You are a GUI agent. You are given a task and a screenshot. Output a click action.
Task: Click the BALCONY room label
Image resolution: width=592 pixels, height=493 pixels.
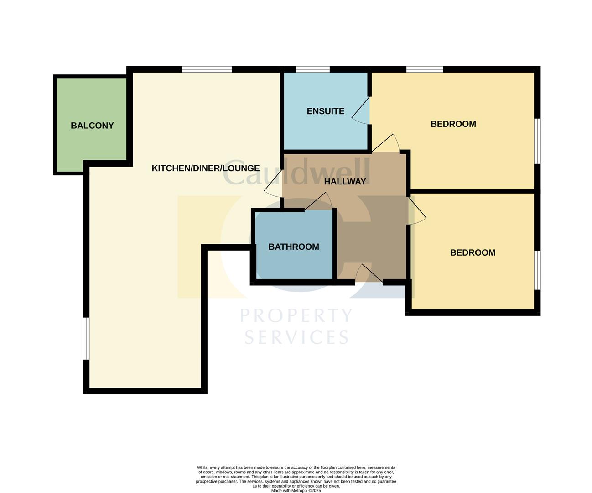pyautogui.click(x=92, y=126)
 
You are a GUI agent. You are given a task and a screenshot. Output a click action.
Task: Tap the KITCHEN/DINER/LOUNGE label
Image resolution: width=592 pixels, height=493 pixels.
pyautogui.click(x=205, y=168)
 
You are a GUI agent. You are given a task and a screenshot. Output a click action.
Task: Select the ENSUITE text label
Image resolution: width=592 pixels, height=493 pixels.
pyautogui.click(x=325, y=111)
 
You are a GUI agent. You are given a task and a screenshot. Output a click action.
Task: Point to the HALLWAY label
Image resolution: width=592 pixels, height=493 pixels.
pyautogui.click(x=345, y=182)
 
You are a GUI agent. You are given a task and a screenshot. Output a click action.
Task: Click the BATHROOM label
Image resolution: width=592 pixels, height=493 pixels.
pyautogui.click(x=293, y=247)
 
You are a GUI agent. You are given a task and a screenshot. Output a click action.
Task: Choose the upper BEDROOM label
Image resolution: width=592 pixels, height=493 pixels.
pyautogui.click(x=453, y=124)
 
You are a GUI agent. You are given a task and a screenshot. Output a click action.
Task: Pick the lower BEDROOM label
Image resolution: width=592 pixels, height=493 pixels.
pyautogui.click(x=473, y=253)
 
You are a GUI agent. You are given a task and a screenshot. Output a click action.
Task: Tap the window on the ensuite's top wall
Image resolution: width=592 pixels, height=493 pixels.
pyautogui.click(x=312, y=69)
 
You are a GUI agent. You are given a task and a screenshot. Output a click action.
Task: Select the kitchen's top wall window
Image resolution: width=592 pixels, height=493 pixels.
pyautogui.click(x=207, y=69)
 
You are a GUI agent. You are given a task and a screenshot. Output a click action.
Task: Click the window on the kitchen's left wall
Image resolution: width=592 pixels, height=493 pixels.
pyautogui.click(x=86, y=338)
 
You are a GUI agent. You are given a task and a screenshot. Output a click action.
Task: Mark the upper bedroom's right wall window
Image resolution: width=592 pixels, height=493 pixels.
pyautogui.click(x=537, y=141)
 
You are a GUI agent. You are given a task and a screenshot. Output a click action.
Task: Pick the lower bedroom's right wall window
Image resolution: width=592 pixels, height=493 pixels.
pyautogui.click(x=537, y=270)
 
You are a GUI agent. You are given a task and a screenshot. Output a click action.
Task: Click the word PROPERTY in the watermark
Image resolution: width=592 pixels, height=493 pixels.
pyautogui.click(x=296, y=316)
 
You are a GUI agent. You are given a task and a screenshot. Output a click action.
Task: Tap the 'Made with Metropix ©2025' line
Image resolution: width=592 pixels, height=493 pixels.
pyautogui.click(x=296, y=491)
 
